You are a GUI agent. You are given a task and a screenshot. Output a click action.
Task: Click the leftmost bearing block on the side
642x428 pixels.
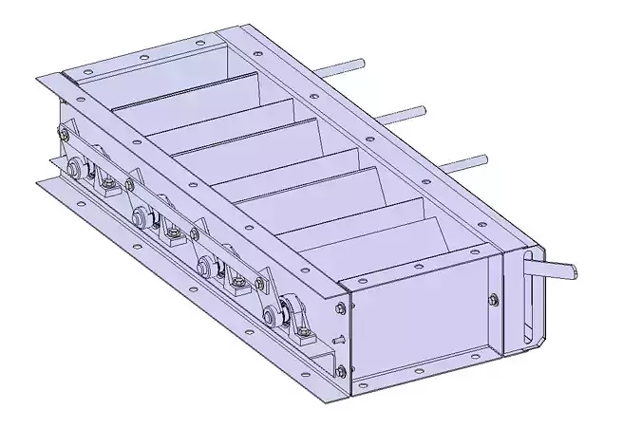[x=76, y=171]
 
